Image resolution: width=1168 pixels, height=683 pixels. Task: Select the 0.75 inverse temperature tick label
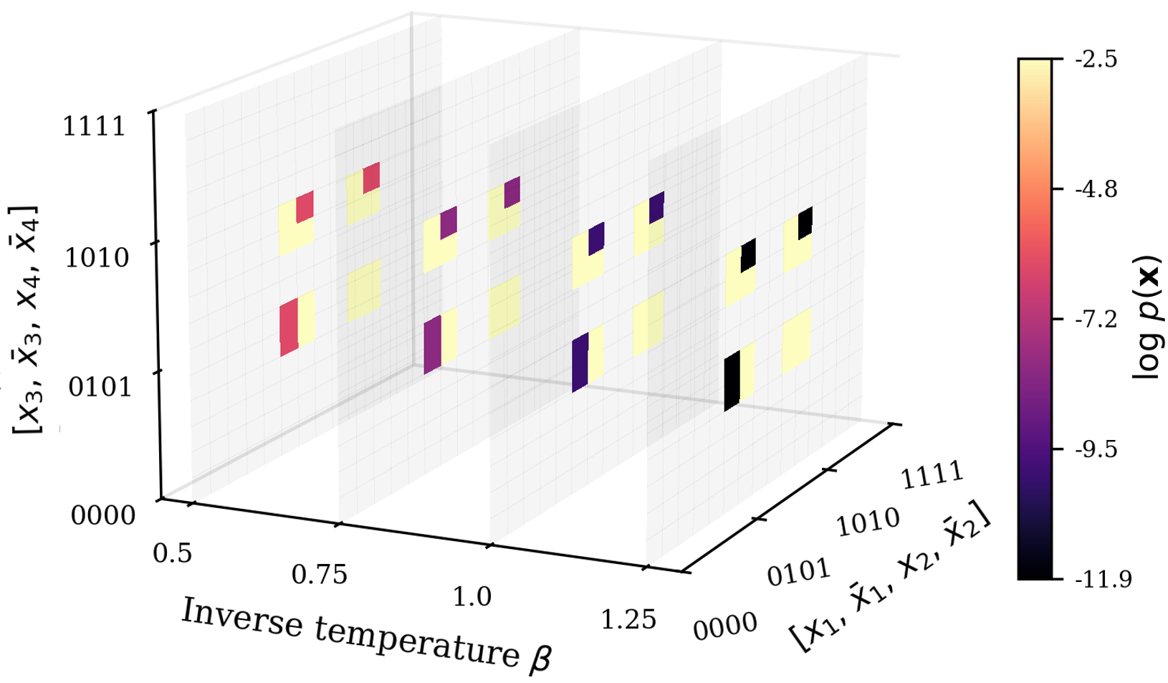pos(319,575)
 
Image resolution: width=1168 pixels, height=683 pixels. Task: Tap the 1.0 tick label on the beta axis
pos(472,596)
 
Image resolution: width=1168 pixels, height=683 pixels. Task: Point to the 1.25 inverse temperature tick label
pos(628,620)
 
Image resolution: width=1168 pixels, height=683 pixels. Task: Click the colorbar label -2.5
pos(1096,59)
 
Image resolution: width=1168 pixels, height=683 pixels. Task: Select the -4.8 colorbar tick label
pos(1096,189)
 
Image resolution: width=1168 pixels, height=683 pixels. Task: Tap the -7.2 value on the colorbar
pos(1096,319)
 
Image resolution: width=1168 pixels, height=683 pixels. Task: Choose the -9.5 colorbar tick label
pos(1096,449)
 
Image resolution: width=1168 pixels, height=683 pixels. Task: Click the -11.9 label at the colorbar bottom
pos(1104,579)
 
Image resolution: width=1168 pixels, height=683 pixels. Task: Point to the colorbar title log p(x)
pos(1149,318)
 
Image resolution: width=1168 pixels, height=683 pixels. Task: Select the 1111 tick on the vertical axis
pos(94,126)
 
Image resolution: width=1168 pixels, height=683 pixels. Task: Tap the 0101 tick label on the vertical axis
pos(100,387)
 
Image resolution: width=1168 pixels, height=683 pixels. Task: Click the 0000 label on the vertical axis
pos(102,515)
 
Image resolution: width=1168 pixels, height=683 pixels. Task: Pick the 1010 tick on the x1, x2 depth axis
pos(868,521)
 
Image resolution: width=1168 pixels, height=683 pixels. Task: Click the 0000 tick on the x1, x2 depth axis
pos(724,626)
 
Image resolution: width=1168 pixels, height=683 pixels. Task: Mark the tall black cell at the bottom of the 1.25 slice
pos(732,381)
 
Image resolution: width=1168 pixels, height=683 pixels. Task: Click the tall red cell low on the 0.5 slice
pos(289,328)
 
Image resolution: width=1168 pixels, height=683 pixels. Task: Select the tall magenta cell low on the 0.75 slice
pos(432,345)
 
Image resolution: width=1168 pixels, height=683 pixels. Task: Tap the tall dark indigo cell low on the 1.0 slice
pos(580,363)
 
